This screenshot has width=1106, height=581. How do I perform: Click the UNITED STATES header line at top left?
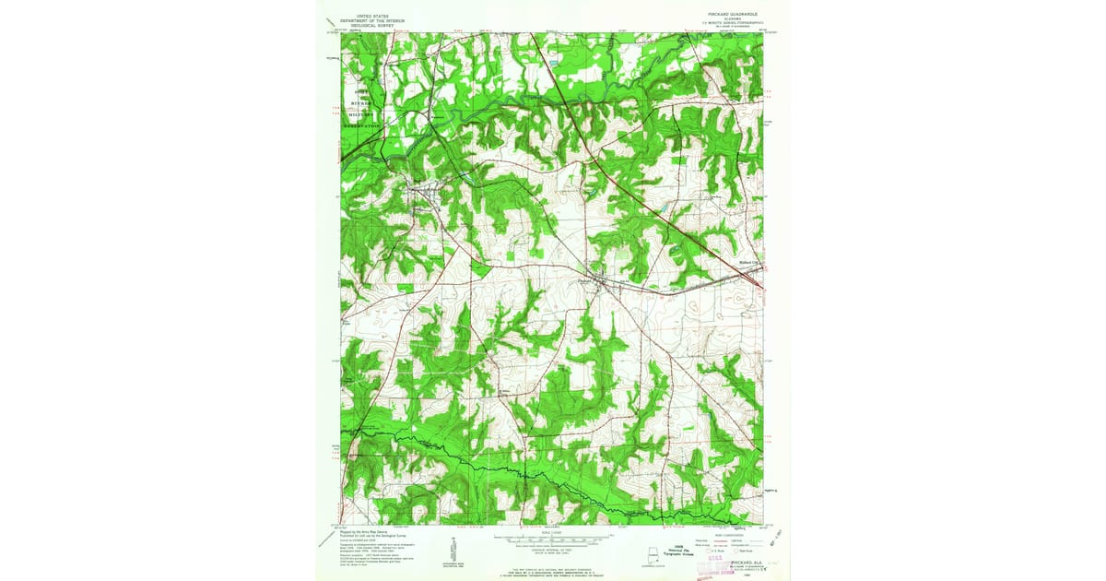(367, 17)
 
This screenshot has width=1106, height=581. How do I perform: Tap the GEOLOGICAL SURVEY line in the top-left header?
(367, 26)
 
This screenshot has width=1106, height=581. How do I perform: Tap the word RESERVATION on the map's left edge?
(361, 125)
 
